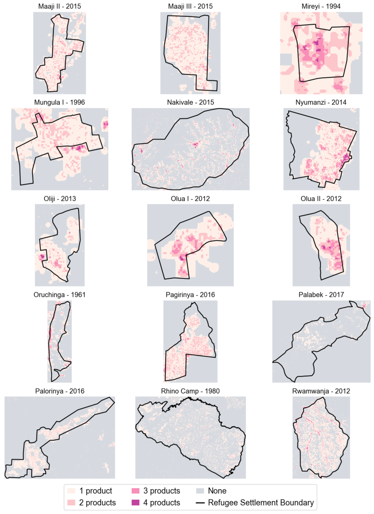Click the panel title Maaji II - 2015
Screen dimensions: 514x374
click(60, 6)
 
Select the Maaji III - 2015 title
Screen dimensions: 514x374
click(190, 6)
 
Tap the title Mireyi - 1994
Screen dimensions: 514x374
click(321, 6)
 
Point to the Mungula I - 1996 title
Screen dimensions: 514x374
click(60, 102)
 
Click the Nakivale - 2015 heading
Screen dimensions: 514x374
click(190, 102)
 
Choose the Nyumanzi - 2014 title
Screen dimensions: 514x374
click(321, 102)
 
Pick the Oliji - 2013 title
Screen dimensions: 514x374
click(60, 198)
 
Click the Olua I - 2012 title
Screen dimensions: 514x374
click(190, 198)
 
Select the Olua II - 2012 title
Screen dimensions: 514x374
click(321, 198)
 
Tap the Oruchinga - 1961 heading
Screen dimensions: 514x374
click(60, 295)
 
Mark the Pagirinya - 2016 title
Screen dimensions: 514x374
click(190, 295)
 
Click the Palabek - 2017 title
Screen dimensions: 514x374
click(321, 295)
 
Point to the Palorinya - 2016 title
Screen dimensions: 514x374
click(60, 391)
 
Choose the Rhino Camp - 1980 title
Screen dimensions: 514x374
click(190, 391)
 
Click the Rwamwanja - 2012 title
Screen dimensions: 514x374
click(321, 391)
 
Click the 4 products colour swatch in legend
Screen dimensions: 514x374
click(136, 502)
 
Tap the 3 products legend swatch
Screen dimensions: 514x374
click(136, 491)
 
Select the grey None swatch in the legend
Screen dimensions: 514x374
click(200, 491)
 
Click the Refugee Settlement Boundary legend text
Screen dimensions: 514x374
click(261, 502)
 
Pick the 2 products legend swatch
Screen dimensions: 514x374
click(71, 502)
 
